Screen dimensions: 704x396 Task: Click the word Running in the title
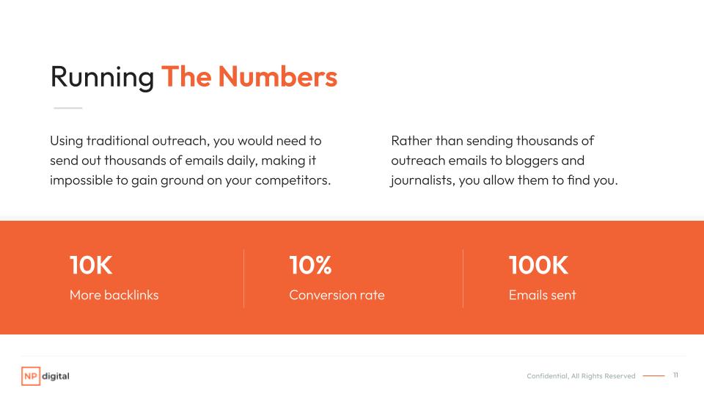[x=103, y=78]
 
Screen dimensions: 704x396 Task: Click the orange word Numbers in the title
[x=277, y=76]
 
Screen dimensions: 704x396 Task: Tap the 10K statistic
[x=91, y=265]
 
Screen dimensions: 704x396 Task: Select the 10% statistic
[x=310, y=265]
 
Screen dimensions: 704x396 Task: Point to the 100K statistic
[x=538, y=265]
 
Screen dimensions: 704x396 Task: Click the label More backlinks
[x=114, y=295]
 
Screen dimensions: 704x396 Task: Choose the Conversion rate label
[x=337, y=295]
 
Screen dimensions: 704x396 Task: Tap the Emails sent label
[x=543, y=295]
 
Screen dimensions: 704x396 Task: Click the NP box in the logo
[x=31, y=376]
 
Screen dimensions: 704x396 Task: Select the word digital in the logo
[x=56, y=376]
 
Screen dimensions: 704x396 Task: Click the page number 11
[x=675, y=375]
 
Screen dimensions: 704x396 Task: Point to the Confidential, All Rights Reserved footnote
[x=581, y=376]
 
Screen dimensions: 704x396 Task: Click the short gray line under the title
[x=67, y=109]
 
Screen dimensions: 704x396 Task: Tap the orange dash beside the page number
[x=653, y=375]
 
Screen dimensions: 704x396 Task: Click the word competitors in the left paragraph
[x=293, y=180]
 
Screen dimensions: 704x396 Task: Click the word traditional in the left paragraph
[x=117, y=141]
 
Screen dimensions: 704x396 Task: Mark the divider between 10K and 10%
[x=243, y=279]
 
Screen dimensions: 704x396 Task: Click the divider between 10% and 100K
[x=463, y=279]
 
